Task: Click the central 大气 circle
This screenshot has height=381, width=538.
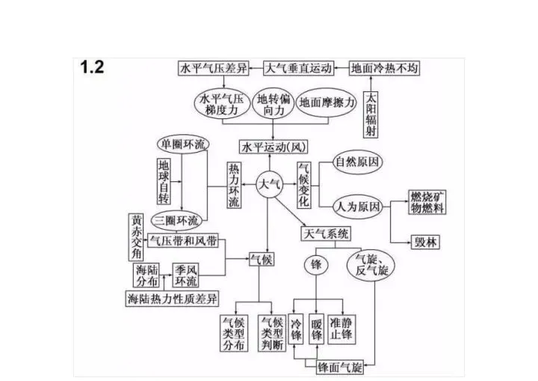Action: [270, 184]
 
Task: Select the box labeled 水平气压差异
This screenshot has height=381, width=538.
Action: [214, 68]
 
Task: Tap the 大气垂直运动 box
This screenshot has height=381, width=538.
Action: [299, 68]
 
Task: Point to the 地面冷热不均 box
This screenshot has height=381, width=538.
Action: [384, 68]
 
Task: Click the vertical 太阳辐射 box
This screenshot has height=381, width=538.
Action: [371, 115]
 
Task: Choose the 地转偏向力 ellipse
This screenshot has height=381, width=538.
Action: [273, 105]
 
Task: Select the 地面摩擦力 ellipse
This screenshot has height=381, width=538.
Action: [327, 103]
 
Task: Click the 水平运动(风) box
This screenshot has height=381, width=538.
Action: [273, 147]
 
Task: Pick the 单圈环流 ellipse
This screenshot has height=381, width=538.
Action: [183, 144]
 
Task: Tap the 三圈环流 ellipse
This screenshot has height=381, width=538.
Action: [176, 220]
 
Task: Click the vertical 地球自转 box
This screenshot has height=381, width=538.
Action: [164, 181]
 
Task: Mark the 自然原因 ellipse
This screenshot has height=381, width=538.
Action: [358, 162]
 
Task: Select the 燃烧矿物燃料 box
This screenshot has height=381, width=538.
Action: [427, 202]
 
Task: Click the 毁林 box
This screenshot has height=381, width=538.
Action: [425, 242]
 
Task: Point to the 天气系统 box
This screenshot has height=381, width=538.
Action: [326, 234]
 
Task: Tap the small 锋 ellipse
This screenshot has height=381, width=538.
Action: [316, 265]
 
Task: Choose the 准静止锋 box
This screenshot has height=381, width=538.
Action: [341, 329]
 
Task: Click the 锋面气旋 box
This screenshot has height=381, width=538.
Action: [340, 368]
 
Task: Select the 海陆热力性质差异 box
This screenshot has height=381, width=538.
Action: [172, 299]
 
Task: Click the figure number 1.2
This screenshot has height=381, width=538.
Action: [92, 67]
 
